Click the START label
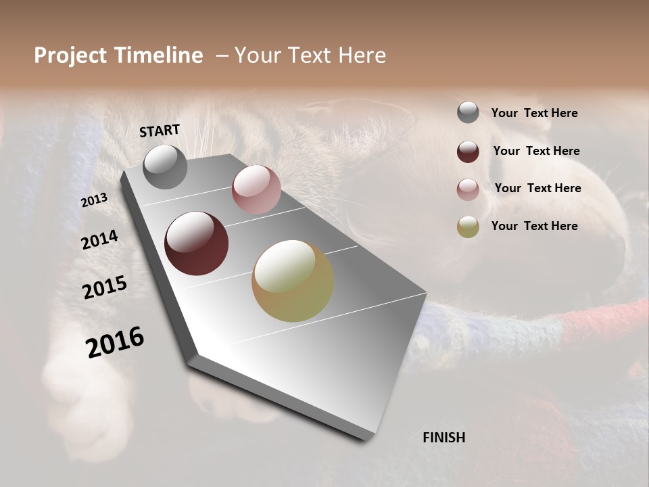click(x=160, y=131)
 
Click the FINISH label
click(x=443, y=438)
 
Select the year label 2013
click(x=94, y=200)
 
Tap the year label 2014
click(x=99, y=240)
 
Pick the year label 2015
click(x=104, y=287)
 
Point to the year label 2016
click(x=115, y=342)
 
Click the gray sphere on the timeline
click(x=166, y=167)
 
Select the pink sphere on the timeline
click(x=256, y=189)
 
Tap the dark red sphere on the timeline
click(x=196, y=243)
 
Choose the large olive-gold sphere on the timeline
click(x=293, y=281)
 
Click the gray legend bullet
click(x=468, y=113)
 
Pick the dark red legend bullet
click(x=468, y=152)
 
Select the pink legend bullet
click(x=468, y=189)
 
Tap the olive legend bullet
click(x=468, y=227)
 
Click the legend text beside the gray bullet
click(x=534, y=113)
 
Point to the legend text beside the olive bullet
click(x=534, y=226)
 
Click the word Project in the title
click(x=71, y=55)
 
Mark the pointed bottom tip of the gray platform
click(x=366, y=440)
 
